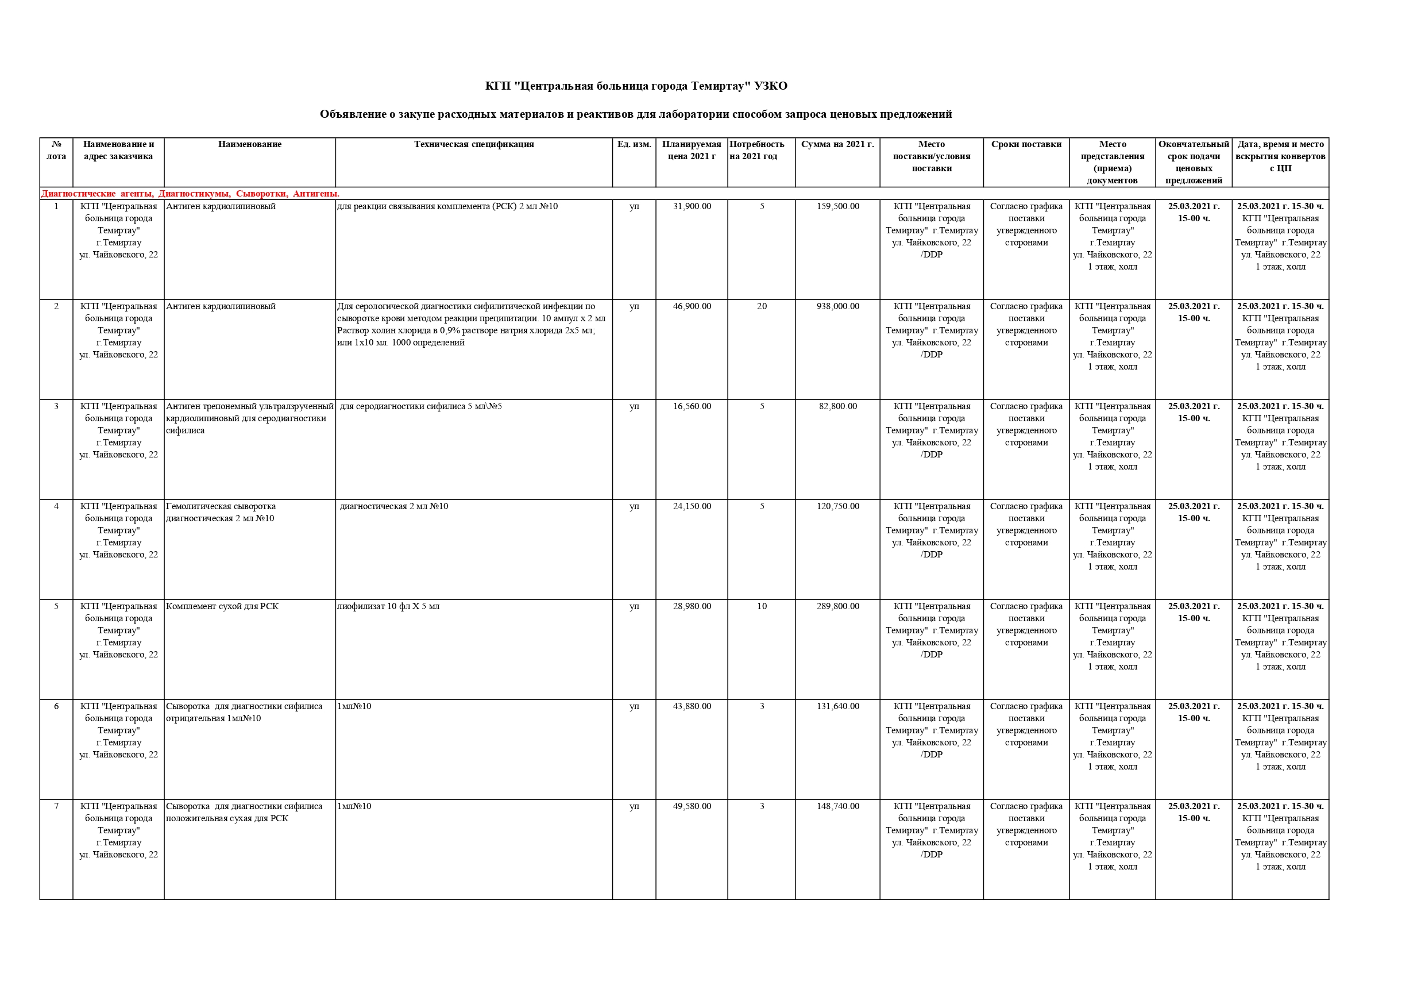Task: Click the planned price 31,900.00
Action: coord(692,206)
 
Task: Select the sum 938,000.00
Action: coord(837,306)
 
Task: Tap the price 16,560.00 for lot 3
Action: coord(692,406)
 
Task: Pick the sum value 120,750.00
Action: coord(837,506)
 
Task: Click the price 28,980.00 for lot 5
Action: coord(692,606)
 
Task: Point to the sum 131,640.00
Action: coord(837,706)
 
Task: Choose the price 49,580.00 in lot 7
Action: coord(692,806)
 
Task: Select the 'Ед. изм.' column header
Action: coord(634,144)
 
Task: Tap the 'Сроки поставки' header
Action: coord(1026,144)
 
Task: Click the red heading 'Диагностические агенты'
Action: coord(97,194)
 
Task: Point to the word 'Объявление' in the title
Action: coord(352,114)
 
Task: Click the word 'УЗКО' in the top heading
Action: coord(770,86)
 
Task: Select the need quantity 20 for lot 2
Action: coord(762,306)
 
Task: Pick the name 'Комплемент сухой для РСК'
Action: coord(222,606)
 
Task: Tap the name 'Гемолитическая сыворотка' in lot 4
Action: coord(221,506)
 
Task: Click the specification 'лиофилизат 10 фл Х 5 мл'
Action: coord(388,606)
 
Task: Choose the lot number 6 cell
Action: coord(56,706)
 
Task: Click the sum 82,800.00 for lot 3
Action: coord(837,406)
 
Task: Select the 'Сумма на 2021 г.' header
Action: coord(837,144)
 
